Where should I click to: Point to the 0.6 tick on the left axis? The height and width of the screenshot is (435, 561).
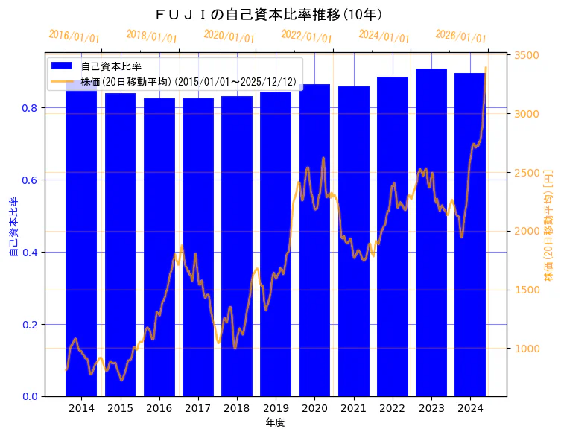pos(33,180)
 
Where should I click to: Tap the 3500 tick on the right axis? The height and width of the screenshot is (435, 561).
pos(526,56)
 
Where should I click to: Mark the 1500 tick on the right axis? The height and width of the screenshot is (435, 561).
pos(526,290)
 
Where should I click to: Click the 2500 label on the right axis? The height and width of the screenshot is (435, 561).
pos(526,173)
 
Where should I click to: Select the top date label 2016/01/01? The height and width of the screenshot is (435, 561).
pos(74,36)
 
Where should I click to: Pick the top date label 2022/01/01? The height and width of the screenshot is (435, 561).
pos(306,36)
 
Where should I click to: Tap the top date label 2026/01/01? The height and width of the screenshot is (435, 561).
pos(461,36)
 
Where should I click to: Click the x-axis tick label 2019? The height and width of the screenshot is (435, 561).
pos(276,409)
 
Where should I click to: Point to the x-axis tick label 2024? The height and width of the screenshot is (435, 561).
pos(470,409)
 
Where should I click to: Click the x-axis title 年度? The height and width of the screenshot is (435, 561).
pos(275,422)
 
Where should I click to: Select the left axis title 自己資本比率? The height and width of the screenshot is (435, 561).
pos(13,227)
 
